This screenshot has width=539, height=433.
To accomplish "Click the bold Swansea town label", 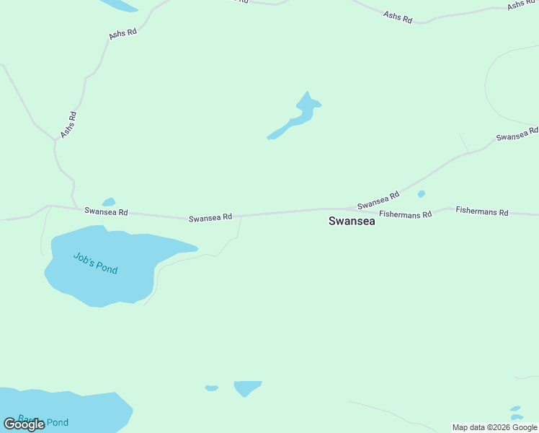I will (x=352, y=222).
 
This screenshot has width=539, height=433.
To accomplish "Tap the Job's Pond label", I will (x=95, y=263).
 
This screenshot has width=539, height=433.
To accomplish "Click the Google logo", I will (x=24, y=424).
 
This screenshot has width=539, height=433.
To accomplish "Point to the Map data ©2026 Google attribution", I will (x=494, y=427).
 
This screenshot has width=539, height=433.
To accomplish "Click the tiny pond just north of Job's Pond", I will (x=109, y=202).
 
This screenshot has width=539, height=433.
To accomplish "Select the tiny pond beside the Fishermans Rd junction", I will (x=421, y=193).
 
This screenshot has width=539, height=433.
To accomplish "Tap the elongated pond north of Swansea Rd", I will (x=296, y=118).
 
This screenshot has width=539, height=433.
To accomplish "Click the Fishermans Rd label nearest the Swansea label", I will (x=405, y=214).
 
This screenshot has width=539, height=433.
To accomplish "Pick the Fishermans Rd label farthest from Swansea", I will (x=482, y=212).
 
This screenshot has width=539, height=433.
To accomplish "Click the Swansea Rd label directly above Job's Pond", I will (x=106, y=211).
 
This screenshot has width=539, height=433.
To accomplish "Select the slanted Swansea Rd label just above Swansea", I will (x=378, y=201).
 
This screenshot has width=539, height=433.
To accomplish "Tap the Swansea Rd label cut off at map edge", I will (x=517, y=134).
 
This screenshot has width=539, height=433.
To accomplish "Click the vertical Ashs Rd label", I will (x=68, y=125).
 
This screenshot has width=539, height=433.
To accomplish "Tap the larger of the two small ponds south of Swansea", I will (x=247, y=388).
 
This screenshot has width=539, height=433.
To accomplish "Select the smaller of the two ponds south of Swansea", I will (x=211, y=388).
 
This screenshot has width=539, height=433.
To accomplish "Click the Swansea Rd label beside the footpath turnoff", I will (x=210, y=217).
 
